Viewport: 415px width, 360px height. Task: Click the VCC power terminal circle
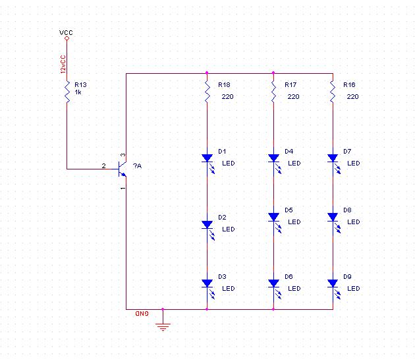[x=67, y=38]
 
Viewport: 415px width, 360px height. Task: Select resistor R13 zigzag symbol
[x=67, y=92]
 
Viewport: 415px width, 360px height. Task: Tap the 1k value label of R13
[x=78, y=92]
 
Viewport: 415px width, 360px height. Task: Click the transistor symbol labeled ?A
[x=123, y=169]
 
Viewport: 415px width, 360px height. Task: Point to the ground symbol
[x=163, y=327]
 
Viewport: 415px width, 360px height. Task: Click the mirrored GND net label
[x=142, y=314]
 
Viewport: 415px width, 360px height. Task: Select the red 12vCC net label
[x=63, y=65]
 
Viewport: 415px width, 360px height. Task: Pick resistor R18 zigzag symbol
[x=207, y=92]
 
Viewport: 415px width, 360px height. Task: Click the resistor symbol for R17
[x=273, y=92]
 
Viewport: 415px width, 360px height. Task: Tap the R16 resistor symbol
[x=333, y=92]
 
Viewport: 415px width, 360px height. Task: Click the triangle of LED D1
[x=207, y=158]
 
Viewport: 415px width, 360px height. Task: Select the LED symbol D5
[x=274, y=222]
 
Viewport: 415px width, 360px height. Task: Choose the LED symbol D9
[x=333, y=289]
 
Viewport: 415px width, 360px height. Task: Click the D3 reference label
[x=223, y=277]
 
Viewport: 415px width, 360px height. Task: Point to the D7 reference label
[x=347, y=152]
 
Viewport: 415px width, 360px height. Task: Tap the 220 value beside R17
[x=294, y=97]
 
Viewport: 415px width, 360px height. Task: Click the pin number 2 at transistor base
[x=104, y=166]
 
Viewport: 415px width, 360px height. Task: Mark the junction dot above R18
[x=207, y=73]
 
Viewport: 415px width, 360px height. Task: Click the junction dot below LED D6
[x=273, y=309]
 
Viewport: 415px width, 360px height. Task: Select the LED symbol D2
[x=208, y=229]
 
